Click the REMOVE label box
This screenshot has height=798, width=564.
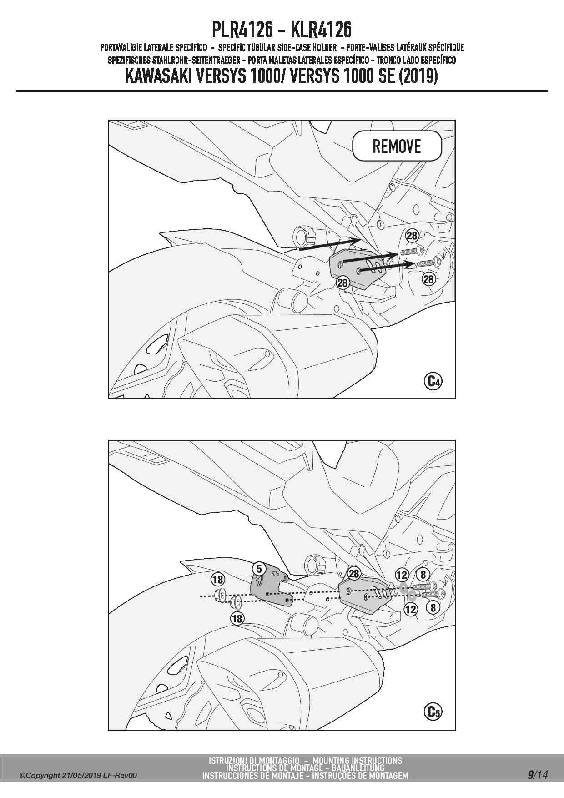coord(397,146)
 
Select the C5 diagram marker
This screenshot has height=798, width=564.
coord(433,711)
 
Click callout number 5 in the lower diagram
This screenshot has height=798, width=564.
coord(259,569)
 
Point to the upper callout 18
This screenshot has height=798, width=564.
coord(218,579)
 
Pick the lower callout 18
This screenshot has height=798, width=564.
coord(237,618)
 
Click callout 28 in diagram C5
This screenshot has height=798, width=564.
coord(354,573)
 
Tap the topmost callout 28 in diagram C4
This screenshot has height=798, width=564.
coord(412,236)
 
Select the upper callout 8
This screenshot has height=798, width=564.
coord(423,574)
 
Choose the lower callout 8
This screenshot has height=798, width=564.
coord(433,607)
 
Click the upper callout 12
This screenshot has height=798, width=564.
coord(402,575)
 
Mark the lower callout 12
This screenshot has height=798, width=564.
coord(411,609)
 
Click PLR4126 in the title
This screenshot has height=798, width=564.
coord(242,30)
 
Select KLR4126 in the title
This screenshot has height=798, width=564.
coord(321,30)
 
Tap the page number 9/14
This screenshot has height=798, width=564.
coord(538,774)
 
